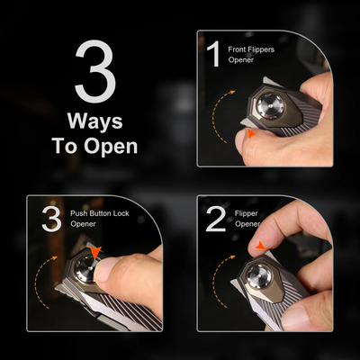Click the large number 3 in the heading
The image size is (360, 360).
click(x=95, y=71)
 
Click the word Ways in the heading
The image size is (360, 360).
click(x=95, y=121)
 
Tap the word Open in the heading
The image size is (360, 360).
click(x=111, y=147)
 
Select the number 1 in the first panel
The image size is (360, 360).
click(x=214, y=55)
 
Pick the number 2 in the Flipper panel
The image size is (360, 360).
click(x=216, y=219)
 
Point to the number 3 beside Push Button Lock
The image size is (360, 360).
click(x=51, y=219)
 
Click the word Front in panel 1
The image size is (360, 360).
click(x=237, y=49)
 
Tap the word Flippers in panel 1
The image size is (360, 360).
click(x=261, y=49)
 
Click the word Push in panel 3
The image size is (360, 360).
click(x=77, y=213)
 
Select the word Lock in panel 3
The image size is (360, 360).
click(x=121, y=213)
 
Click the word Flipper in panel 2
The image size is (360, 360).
click(x=247, y=214)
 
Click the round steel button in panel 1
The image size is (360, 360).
click(x=269, y=106)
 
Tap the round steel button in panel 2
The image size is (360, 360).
click(x=258, y=275)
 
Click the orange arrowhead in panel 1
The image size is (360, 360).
click(x=251, y=134)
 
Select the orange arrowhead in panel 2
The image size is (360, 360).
click(x=261, y=247)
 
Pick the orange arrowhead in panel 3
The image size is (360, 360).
click(x=95, y=252)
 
